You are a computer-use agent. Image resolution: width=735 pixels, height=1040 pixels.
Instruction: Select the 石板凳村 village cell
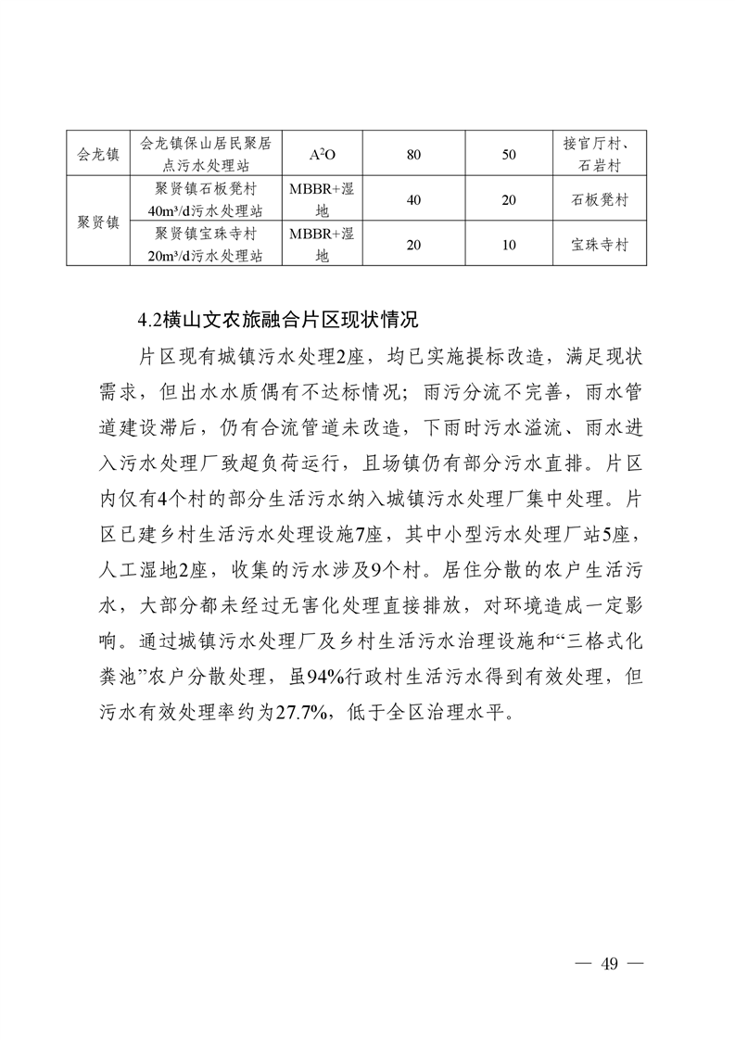pyautogui.click(x=600, y=200)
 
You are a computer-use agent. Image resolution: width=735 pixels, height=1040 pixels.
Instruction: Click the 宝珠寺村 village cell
pyautogui.click(x=600, y=246)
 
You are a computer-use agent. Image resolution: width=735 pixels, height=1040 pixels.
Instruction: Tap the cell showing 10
pyautogui.click(x=508, y=246)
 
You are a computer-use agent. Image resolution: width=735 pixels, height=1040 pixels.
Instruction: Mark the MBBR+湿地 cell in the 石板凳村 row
pyautogui.click(x=322, y=200)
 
